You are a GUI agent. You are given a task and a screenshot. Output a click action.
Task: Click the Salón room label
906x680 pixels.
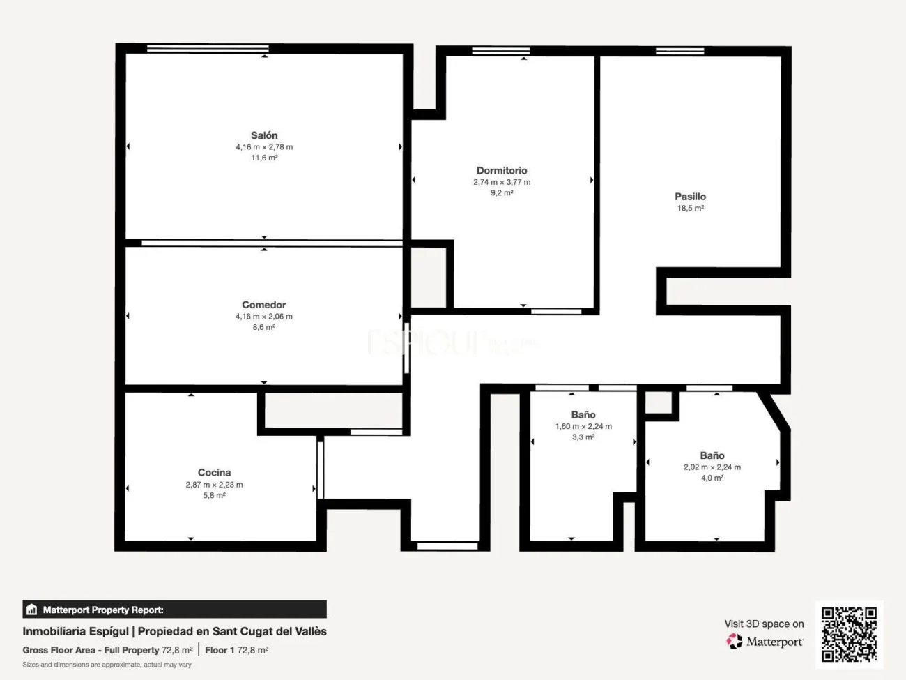(x=264, y=135)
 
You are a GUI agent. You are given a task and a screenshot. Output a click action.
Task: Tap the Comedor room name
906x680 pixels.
(x=263, y=305)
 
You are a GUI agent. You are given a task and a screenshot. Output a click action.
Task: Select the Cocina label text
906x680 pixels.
(x=214, y=473)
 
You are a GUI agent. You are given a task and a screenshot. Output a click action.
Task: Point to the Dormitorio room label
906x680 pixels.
(x=502, y=170)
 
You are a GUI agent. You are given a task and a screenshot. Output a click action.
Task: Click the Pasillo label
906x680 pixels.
(x=690, y=197)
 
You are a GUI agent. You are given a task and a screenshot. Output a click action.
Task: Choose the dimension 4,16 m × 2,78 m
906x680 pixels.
(x=264, y=147)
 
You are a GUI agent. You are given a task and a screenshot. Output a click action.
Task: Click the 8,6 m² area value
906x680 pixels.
(x=263, y=327)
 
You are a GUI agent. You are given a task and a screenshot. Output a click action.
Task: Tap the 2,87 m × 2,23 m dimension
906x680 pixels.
(x=214, y=485)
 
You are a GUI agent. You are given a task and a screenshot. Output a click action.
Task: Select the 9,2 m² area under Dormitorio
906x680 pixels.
(x=502, y=193)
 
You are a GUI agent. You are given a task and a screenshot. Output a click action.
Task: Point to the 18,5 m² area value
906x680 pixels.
(x=690, y=209)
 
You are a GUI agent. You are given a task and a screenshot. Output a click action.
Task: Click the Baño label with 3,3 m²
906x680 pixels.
(x=583, y=415)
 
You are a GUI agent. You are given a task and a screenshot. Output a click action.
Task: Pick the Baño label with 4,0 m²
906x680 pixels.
(x=712, y=455)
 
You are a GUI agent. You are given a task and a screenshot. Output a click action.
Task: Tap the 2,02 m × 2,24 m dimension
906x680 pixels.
(x=712, y=467)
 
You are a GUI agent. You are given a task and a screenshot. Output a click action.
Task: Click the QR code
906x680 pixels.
(x=849, y=634)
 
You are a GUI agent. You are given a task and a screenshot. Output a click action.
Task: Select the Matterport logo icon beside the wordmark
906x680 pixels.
(x=734, y=641)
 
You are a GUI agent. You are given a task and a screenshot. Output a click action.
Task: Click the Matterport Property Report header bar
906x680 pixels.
(x=174, y=610)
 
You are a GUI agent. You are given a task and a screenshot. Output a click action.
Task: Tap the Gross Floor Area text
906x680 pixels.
(x=59, y=650)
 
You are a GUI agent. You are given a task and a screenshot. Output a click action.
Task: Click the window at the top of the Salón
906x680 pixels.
(x=208, y=48)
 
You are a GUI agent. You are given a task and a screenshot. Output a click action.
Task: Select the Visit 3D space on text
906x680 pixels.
(x=764, y=624)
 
